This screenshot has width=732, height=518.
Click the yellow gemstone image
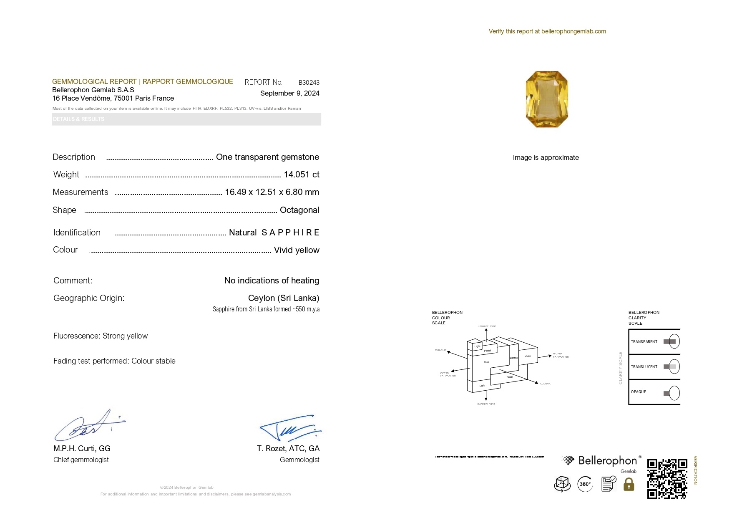click(547, 99)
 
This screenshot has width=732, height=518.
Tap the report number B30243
click(309, 83)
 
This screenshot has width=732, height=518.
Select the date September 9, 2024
click(289, 93)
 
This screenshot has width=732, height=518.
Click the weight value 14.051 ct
click(301, 174)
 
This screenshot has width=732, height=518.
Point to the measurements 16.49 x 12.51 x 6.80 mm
click(272, 192)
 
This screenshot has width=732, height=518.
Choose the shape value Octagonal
click(299, 210)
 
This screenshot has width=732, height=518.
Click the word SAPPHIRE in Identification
click(290, 232)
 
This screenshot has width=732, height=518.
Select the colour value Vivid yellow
click(296, 250)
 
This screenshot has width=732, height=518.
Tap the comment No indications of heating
click(272, 280)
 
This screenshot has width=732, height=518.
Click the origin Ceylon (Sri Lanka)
click(283, 298)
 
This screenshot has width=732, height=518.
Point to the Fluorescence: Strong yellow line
click(101, 336)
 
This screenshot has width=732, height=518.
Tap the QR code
click(667, 478)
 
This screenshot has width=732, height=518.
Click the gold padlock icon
click(629, 484)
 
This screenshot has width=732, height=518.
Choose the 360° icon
click(585, 484)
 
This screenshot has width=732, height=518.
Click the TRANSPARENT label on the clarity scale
click(644, 342)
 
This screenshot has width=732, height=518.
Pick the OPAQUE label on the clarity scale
click(639, 392)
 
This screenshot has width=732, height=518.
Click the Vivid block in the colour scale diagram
click(528, 356)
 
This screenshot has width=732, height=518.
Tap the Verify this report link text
click(547, 31)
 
